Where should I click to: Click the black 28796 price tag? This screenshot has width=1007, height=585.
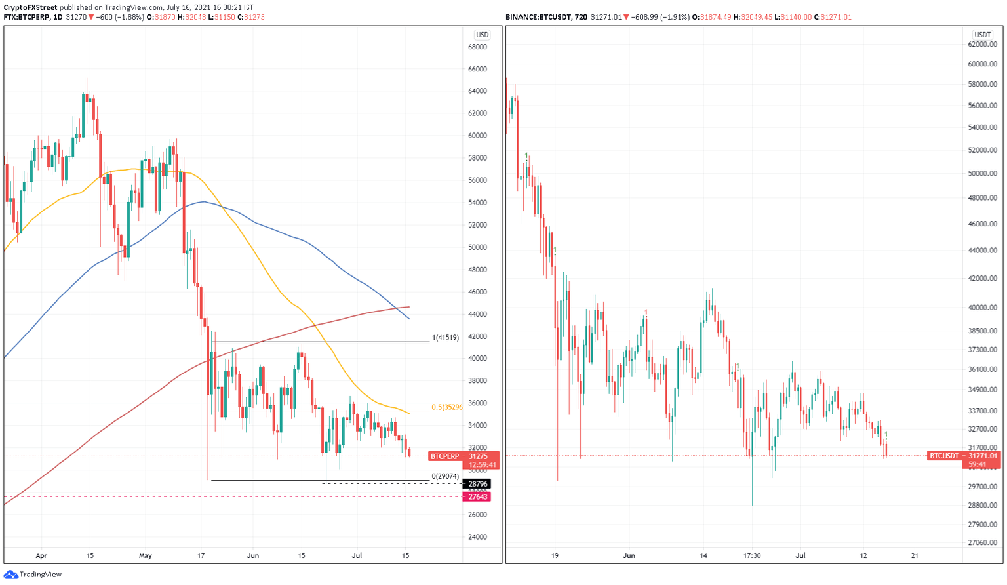[x=477, y=484]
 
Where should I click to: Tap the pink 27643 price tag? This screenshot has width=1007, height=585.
[x=477, y=497]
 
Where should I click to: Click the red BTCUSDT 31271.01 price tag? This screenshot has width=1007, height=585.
[x=963, y=456]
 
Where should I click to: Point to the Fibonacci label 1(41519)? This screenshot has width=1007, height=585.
[x=445, y=338]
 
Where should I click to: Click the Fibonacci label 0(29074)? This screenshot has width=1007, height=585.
[x=444, y=476]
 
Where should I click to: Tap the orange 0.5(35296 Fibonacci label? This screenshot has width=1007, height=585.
[x=446, y=407]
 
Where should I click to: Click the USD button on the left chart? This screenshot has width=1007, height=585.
[x=482, y=35]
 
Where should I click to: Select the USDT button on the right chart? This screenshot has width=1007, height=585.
[x=982, y=35]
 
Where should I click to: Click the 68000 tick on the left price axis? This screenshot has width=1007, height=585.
[x=477, y=47]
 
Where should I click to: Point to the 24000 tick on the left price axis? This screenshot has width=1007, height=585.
[x=477, y=537]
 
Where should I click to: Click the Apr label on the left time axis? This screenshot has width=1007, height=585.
[x=41, y=555]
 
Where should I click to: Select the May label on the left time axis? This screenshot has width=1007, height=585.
[x=146, y=555]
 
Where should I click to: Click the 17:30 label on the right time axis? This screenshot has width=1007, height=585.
[x=752, y=555]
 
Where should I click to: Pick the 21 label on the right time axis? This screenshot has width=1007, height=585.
[x=915, y=555]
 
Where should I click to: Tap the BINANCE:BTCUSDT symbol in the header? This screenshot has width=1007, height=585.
[x=536, y=17]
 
